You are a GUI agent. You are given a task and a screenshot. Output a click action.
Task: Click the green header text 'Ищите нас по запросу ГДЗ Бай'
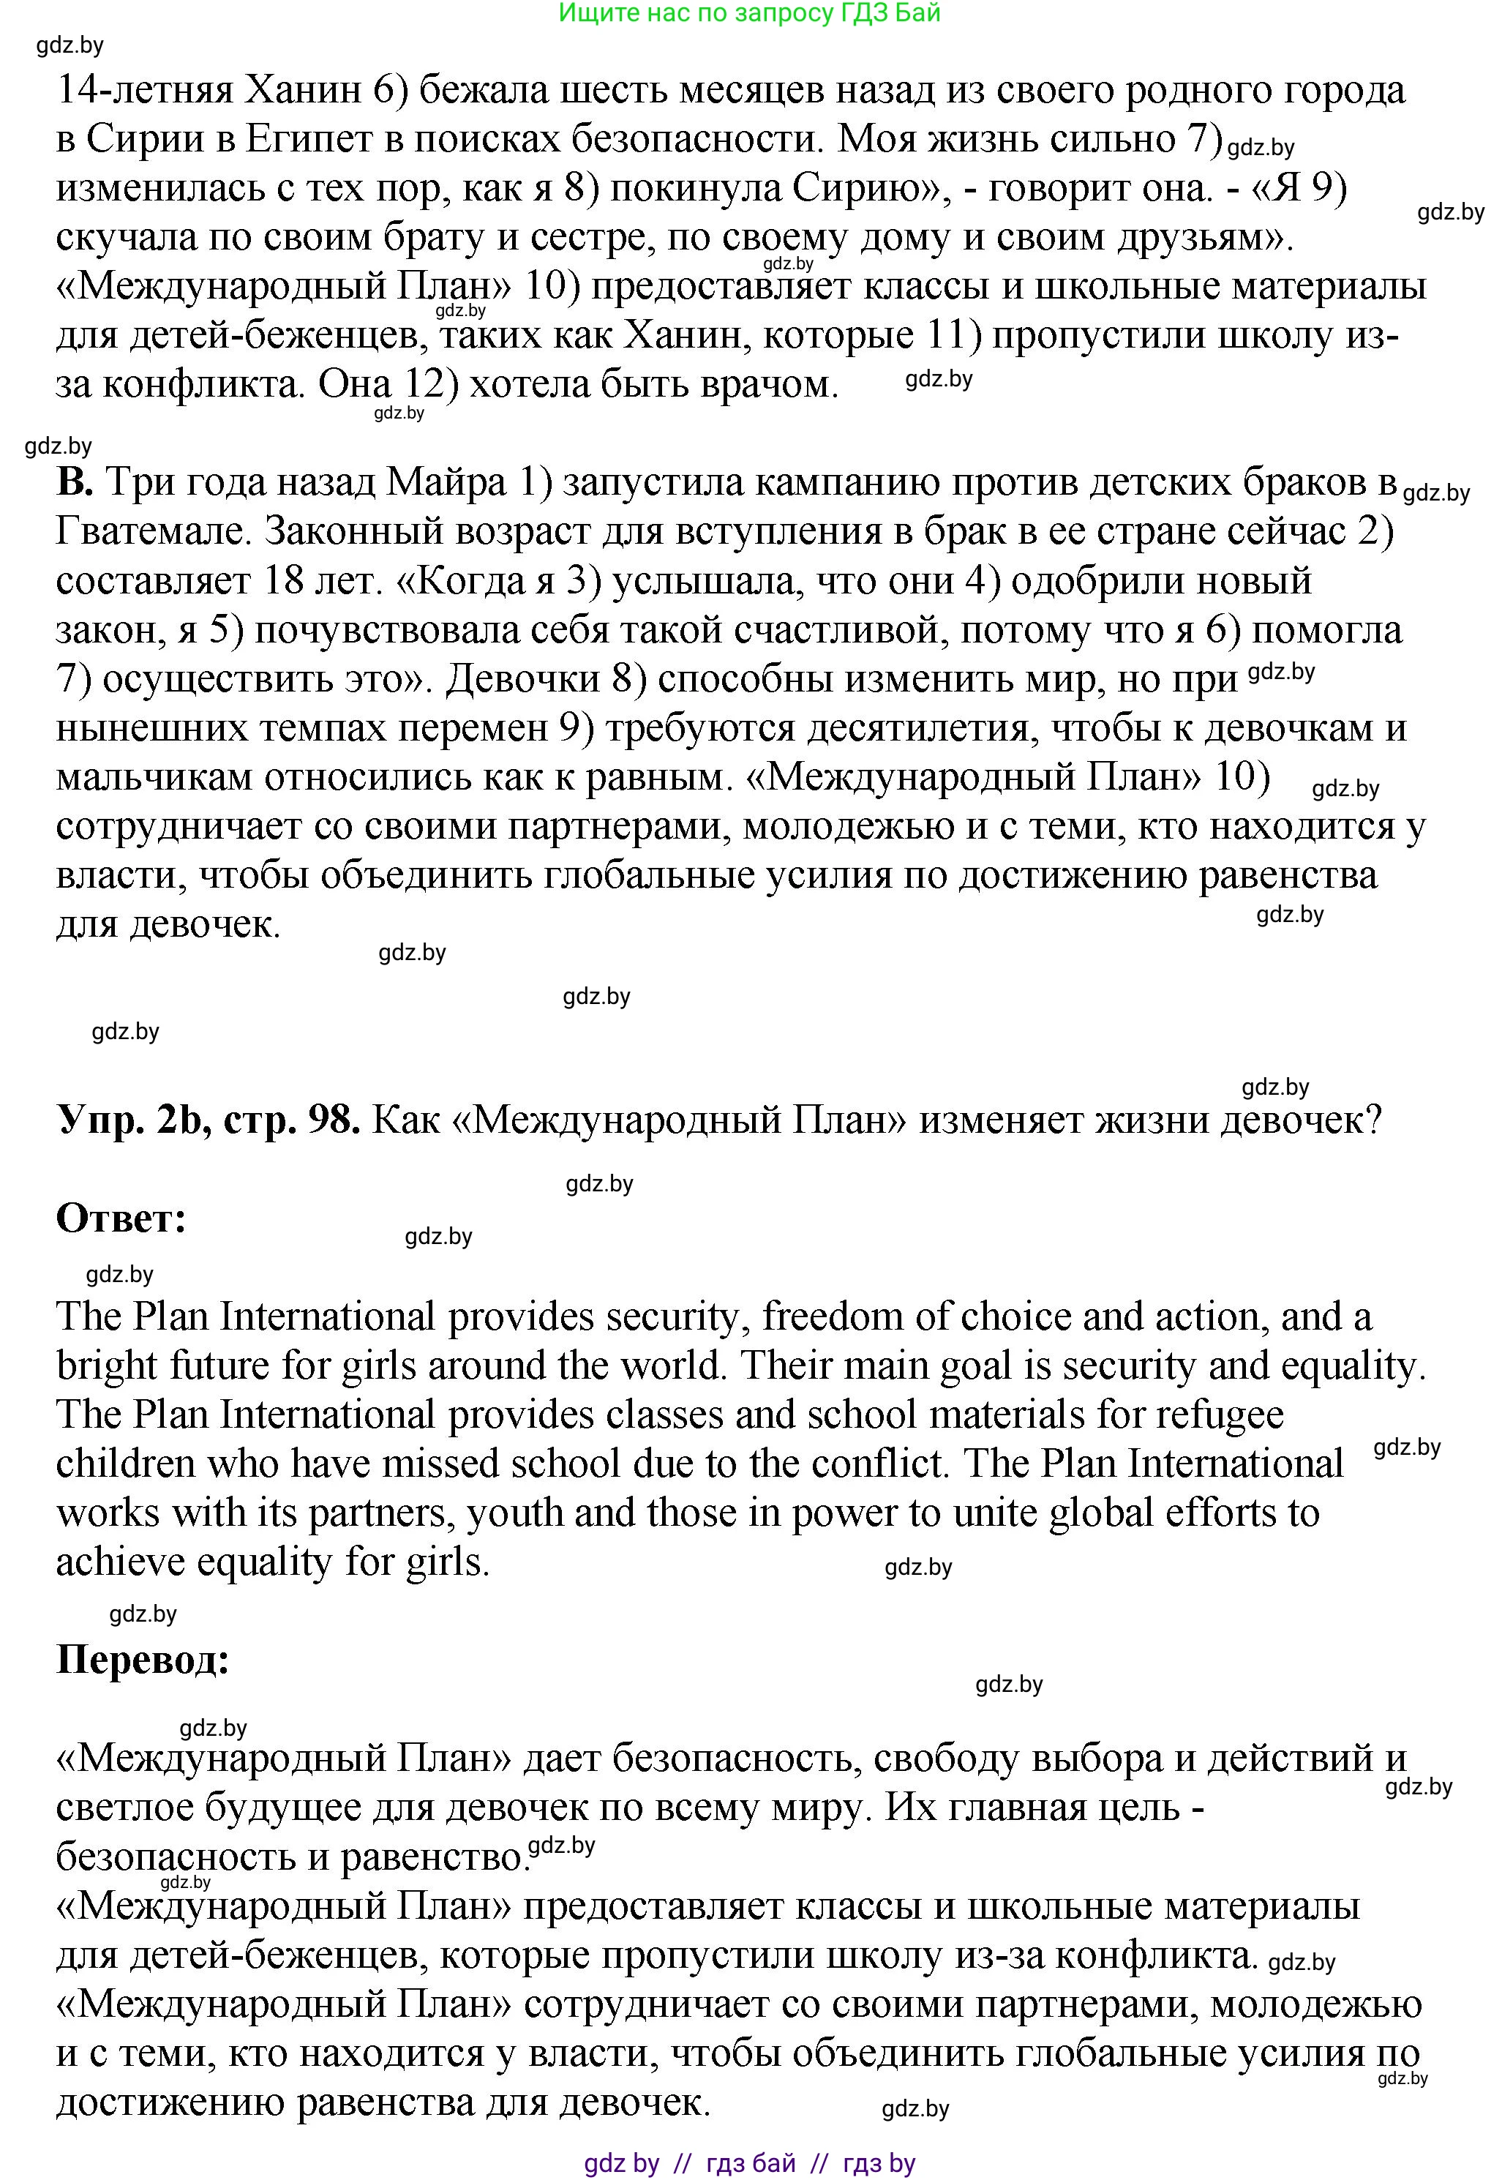tap(749, 13)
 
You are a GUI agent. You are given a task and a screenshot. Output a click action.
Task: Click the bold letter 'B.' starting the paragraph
tap(75, 482)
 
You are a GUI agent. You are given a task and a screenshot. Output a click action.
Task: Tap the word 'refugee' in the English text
tap(1220, 1414)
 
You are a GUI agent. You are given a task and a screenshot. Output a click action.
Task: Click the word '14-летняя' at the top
tap(145, 90)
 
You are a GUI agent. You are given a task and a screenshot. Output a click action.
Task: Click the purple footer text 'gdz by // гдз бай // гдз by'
tap(749, 2162)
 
